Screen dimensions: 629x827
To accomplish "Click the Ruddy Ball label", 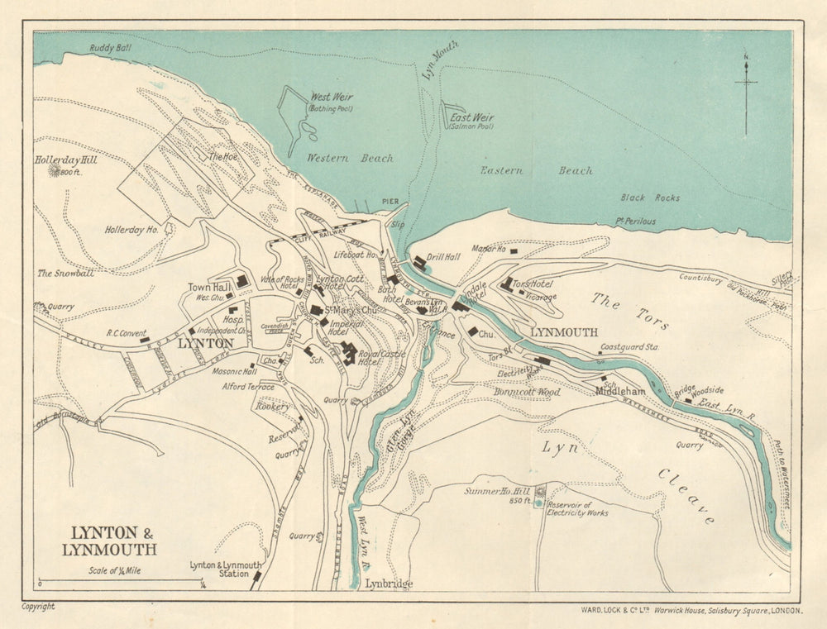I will coord(111,49).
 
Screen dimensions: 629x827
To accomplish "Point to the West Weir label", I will coord(332,98).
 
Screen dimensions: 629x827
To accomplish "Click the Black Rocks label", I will coord(650,198).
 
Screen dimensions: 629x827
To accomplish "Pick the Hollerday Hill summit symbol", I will coord(56,170).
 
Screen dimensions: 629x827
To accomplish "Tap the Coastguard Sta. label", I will coord(629,347).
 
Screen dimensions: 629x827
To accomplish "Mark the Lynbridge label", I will coord(389,584).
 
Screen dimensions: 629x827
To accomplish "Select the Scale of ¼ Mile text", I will coord(115,570).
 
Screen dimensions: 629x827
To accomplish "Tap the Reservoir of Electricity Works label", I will coord(577,508).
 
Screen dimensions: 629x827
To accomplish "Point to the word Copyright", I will coord(38,607).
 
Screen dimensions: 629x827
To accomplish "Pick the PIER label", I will coord(390,201).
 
